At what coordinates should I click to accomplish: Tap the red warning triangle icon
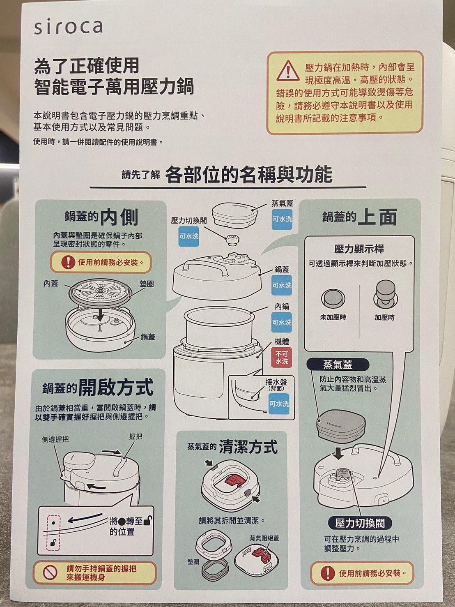coord(288,71)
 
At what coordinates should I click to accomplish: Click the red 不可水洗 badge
coord(282,358)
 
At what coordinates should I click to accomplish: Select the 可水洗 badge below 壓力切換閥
coord(188,236)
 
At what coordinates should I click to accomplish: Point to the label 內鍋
coord(282,306)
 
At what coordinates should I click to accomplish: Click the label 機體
coord(282,342)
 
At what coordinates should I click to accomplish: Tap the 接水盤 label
coord(276,382)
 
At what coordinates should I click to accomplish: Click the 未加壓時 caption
coord(333,317)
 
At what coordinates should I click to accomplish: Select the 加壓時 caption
coord(384,317)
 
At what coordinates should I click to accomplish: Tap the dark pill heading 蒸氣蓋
coord(338,365)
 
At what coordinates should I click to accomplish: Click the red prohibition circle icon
coord(50,573)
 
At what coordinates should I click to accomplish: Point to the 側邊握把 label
coord(55,439)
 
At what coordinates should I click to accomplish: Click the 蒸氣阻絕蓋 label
coord(264,538)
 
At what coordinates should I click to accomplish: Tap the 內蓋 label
coord(51,284)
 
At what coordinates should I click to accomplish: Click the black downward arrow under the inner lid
coord(101,314)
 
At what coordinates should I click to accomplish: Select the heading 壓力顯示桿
coord(359,249)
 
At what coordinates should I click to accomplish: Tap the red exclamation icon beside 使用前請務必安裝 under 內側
coord(69,262)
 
